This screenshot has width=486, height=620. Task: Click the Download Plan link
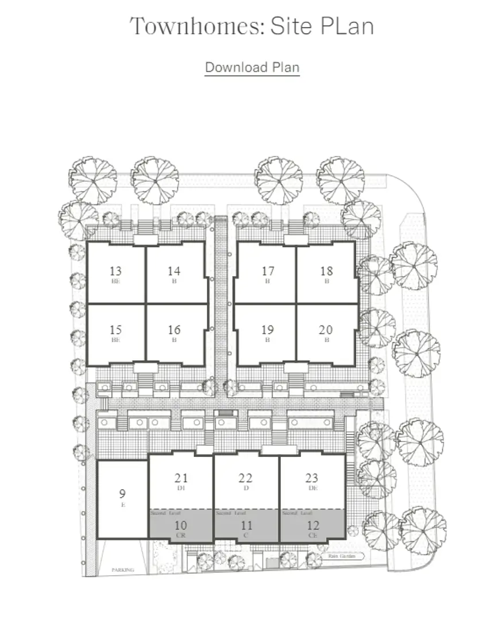click(x=252, y=67)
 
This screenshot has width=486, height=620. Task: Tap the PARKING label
click(x=122, y=570)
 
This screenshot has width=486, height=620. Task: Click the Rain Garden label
click(x=338, y=556)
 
